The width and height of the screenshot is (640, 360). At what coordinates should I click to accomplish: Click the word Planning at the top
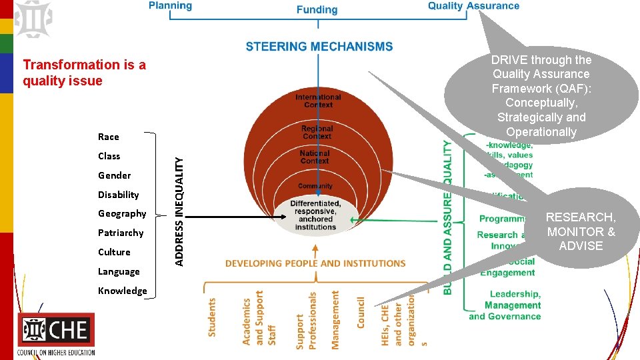coord(170,6)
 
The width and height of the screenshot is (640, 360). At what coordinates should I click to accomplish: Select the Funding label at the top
coord(317,9)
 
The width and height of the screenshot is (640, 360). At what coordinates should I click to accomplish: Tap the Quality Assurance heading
coord(473,6)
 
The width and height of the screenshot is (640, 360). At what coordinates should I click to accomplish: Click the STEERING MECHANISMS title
coord(319,47)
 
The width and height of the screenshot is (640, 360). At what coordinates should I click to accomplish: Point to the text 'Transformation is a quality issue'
coord(84,73)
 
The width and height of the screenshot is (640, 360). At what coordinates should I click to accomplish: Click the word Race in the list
coord(108,137)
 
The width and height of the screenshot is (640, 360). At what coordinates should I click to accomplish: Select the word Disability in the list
coord(118,195)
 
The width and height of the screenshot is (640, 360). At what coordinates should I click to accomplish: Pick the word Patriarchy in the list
coord(120,233)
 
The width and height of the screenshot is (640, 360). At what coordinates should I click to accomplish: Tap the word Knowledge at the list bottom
coord(122,291)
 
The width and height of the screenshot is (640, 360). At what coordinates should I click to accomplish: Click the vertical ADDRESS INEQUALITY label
coord(179,211)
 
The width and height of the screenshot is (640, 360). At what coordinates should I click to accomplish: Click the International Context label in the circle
coord(318,101)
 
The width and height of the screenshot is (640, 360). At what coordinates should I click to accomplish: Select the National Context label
coord(315,157)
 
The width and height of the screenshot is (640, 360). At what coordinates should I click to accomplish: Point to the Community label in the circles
coord(315,186)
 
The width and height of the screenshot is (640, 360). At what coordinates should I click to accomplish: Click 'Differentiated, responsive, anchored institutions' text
coord(315,215)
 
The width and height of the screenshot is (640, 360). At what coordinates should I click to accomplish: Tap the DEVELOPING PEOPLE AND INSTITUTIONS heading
coord(315,263)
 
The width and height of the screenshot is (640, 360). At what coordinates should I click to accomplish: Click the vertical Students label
coord(213,317)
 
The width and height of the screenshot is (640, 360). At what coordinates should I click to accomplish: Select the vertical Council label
coord(361,312)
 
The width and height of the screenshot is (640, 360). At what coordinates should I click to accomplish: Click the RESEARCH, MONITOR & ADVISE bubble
coord(581,231)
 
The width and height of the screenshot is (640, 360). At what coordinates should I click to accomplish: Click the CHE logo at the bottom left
coord(56,334)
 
